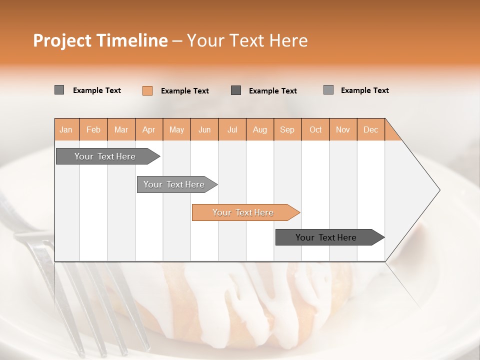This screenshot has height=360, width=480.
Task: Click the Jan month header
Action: [66, 129]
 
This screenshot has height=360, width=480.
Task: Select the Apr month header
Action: [148, 129]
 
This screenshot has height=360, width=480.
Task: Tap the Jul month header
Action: [232, 129]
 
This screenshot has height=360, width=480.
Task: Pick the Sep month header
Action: [287, 129]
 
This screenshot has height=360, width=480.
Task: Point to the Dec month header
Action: [370, 129]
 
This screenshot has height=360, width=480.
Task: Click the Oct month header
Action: [315, 129]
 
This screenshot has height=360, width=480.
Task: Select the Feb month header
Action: [93, 129]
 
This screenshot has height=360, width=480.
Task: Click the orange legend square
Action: [147, 90]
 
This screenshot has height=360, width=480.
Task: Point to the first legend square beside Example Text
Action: [59, 90]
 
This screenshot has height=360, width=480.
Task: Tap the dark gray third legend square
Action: [236, 90]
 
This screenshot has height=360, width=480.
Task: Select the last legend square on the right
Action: [328, 90]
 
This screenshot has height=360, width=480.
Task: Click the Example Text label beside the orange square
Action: [185, 91]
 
